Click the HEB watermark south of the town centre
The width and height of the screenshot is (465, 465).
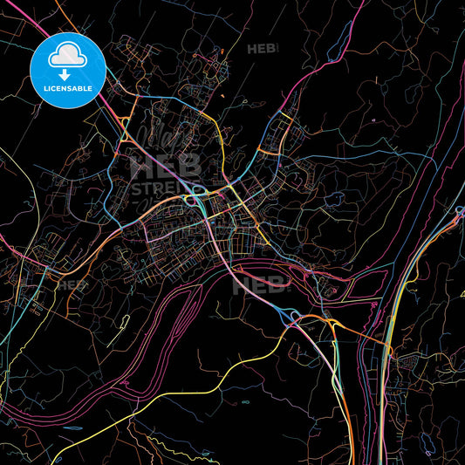tap(261, 285)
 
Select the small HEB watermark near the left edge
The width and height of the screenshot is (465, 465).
tap(73, 285)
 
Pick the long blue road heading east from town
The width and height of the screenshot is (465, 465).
tap(366, 161)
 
